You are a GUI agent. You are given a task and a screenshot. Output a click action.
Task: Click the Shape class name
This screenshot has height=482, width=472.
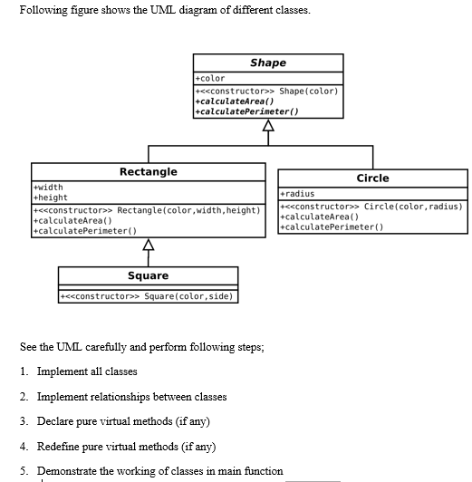[267, 63]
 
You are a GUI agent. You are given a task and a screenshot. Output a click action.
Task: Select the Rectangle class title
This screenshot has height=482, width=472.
[149, 171]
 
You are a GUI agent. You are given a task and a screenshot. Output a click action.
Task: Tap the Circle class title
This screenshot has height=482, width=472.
[372, 178]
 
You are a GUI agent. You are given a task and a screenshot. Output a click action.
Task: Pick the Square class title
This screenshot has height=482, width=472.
[148, 275]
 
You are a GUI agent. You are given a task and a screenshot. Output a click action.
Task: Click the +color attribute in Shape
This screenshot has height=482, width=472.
[210, 79]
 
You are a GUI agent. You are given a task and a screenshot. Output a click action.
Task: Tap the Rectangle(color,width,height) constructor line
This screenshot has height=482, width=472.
[146, 210]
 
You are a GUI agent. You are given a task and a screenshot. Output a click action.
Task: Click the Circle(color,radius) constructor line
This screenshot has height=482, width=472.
[371, 207]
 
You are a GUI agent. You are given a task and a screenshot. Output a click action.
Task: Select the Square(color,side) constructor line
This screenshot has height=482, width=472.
[148, 296]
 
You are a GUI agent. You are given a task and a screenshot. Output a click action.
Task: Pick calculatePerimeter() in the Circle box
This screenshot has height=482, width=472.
[332, 227]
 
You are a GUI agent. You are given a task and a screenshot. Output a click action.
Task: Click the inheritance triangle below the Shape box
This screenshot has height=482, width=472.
[267, 126]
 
